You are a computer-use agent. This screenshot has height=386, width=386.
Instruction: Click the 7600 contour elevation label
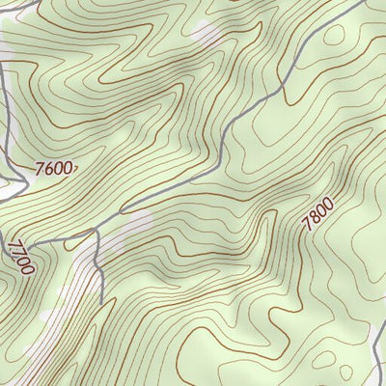pos(53,169)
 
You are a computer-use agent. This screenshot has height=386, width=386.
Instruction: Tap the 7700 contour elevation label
pos(18,256)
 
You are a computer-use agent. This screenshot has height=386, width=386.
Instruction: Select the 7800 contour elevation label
pos(317,212)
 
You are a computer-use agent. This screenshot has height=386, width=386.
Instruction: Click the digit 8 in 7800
pos(314,217)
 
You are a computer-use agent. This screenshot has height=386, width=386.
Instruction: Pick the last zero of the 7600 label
pos(68,169)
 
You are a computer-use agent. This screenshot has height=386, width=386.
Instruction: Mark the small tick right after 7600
pos(75,169)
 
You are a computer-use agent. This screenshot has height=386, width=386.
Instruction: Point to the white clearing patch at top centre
pos(207,34)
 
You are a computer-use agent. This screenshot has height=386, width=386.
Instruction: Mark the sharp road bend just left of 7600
pos(21,179)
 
